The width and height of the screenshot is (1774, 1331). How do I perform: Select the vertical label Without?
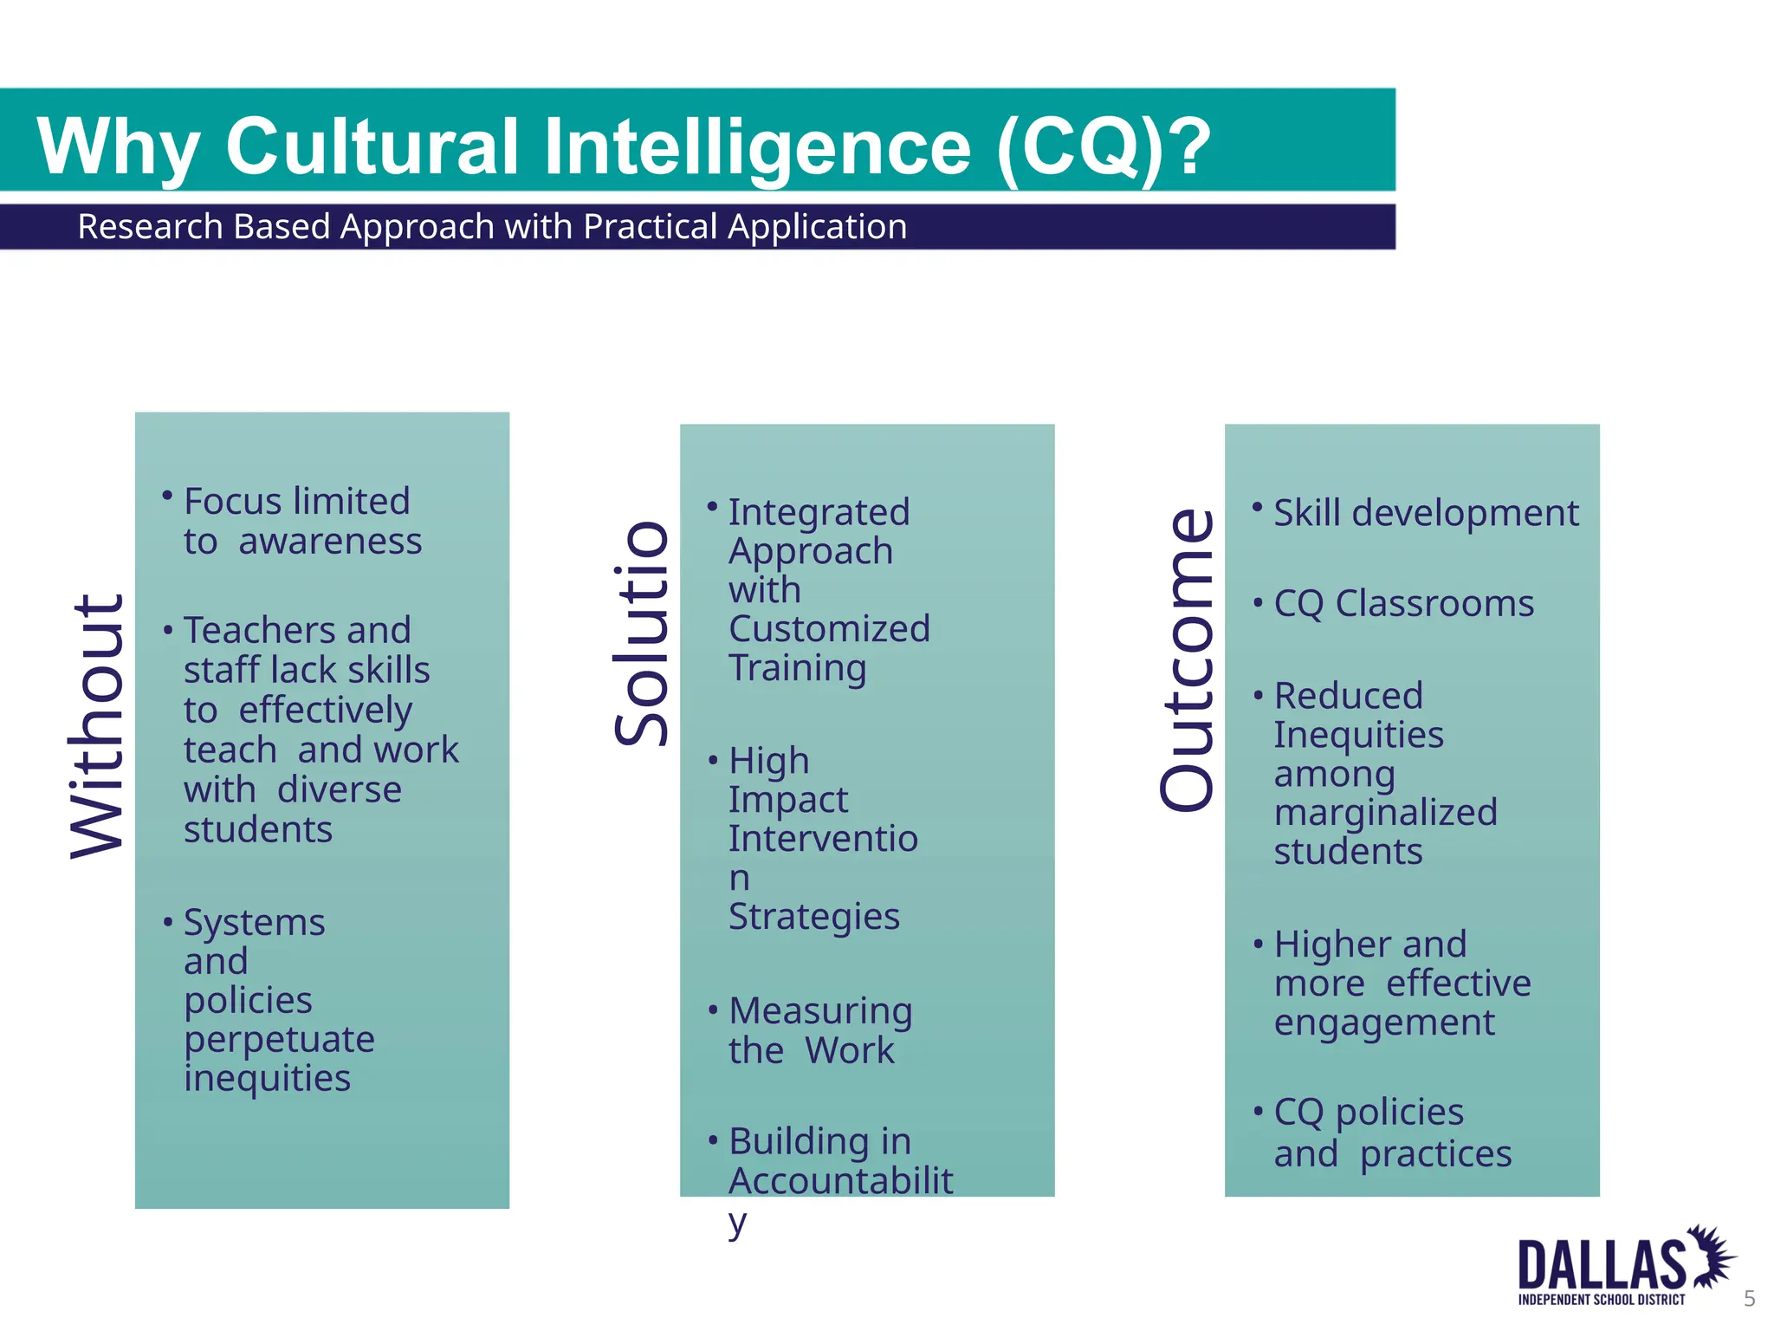pyautogui.click(x=97, y=726)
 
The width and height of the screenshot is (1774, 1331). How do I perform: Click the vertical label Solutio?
pyautogui.click(x=642, y=633)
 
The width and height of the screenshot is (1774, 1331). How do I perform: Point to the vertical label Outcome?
pyautogui.click(x=1188, y=660)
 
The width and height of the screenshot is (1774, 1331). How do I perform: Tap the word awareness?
pyautogui.click(x=330, y=542)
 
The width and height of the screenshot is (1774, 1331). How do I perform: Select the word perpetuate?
pyautogui.click(x=279, y=1039)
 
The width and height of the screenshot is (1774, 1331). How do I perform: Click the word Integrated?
pyautogui.click(x=819, y=512)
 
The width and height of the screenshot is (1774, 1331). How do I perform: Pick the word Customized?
pyautogui.click(x=829, y=629)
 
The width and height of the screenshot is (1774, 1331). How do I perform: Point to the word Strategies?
pyautogui.click(x=814, y=917)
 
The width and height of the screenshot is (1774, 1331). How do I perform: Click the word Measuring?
pyautogui.click(x=820, y=1010)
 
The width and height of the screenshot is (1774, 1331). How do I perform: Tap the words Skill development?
pyautogui.click(x=1426, y=513)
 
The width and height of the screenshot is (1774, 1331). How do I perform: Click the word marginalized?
pyautogui.click(x=1385, y=813)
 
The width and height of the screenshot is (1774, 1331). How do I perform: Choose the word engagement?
pyautogui.click(x=1384, y=1023)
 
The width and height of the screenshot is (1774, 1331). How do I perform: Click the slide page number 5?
pyautogui.click(x=1749, y=1298)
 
